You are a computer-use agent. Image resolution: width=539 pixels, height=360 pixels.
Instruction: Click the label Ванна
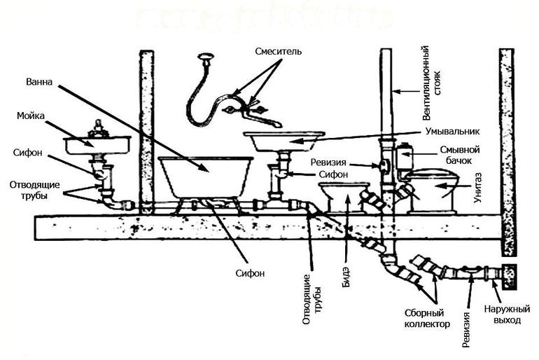click(39, 82)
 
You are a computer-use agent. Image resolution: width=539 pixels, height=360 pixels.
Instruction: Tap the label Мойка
click(31, 116)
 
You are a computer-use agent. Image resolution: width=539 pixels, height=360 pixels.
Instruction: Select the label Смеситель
click(279, 51)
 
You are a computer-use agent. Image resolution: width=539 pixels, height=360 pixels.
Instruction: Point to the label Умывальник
click(452, 131)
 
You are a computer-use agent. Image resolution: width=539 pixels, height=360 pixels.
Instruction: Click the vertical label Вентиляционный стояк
click(431, 83)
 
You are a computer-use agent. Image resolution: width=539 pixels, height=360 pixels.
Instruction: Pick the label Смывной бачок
click(460, 155)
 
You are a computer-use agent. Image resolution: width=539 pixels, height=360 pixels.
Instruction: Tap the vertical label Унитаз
click(478, 188)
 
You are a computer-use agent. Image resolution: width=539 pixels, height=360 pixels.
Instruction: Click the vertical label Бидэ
click(346, 277)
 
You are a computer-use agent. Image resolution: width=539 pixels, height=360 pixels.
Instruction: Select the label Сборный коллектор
click(426, 319)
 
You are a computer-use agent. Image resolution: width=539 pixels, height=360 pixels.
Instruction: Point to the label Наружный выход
click(507, 314)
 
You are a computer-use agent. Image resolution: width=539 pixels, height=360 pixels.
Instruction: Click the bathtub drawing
click(206, 178)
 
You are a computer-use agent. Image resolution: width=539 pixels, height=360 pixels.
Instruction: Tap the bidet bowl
click(344, 196)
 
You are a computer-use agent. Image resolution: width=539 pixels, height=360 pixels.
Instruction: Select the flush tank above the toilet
click(405, 156)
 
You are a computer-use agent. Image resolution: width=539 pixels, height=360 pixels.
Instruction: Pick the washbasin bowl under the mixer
click(284, 141)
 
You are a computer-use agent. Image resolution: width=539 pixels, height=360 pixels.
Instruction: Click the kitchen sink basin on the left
click(97, 144)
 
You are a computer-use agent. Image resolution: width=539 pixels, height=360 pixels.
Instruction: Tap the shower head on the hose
click(206, 57)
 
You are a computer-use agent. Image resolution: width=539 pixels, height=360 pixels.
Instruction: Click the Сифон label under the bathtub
click(251, 273)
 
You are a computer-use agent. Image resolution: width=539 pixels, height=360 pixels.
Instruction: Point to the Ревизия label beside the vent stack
click(328, 162)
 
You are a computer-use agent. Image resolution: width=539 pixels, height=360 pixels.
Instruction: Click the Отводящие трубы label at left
click(34, 190)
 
